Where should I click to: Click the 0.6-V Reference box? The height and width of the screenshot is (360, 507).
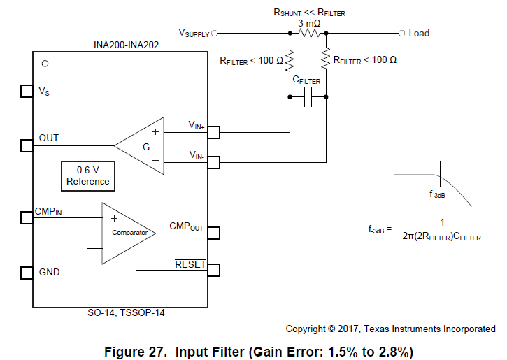[x=88, y=176]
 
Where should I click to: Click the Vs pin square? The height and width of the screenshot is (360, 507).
[x=26, y=92]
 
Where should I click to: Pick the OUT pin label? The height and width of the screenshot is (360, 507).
[x=49, y=138]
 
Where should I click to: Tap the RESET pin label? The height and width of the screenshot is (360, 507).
[x=190, y=264]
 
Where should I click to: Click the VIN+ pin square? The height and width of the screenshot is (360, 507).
[x=214, y=131]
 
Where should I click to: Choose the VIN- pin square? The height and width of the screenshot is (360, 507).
[x=214, y=163]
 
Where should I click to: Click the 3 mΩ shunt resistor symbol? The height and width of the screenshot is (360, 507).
[x=308, y=33]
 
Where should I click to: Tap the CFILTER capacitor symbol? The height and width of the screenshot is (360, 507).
[x=308, y=100]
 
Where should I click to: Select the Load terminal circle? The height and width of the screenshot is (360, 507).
[x=401, y=33]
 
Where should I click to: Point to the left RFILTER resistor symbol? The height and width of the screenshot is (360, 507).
[x=290, y=61]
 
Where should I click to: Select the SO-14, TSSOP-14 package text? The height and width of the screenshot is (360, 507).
[x=120, y=314]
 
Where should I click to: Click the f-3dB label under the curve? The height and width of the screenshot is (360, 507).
[x=438, y=195]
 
